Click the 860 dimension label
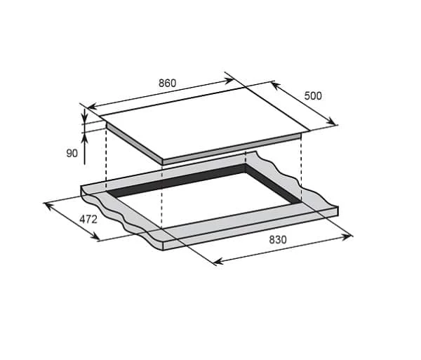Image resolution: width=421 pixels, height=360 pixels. (x=167, y=84)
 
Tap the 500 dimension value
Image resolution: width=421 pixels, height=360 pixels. (x=313, y=96)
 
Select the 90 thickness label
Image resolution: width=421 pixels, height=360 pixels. (x=72, y=153)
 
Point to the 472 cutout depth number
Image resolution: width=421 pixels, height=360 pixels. (x=88, y=220)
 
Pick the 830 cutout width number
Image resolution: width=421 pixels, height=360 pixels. (x=278, y=240)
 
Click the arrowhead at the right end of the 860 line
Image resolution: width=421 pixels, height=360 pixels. (x=229, y=80)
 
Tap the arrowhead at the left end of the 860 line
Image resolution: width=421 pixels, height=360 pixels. (x=92, y=107)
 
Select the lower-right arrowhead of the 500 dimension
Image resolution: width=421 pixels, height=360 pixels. (x=331, y=121)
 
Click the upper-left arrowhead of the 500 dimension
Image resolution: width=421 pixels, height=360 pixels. (x=276, y=86)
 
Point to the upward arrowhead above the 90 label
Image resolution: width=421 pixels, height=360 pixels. (x=85, y=138)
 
